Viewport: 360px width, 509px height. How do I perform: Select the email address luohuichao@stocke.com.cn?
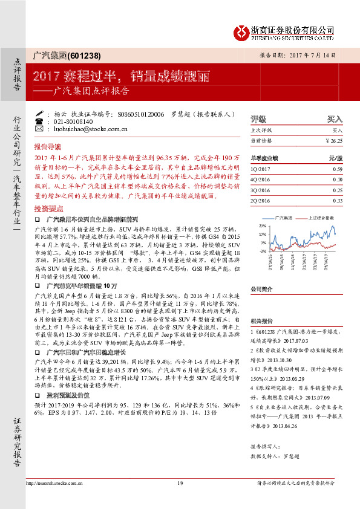point(88,129)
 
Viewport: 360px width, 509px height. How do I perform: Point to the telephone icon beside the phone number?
point(41,121)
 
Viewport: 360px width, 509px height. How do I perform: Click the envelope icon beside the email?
point(41,129)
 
